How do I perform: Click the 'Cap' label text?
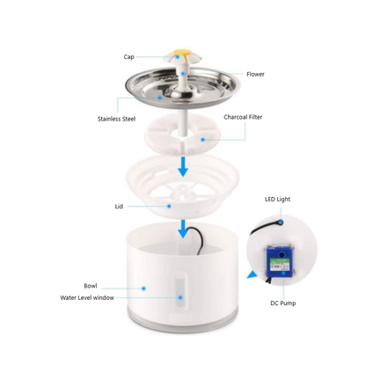[128, 57]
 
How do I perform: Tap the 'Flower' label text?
[255, 74]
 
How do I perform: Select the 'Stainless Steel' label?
[116, 119]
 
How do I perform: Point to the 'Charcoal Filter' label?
[243, 117]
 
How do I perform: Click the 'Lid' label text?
[119, 207]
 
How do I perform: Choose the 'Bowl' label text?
[91, 286]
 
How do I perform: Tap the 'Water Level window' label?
[87, 297]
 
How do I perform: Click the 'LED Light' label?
[277, 200]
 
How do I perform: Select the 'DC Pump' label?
[283, 303]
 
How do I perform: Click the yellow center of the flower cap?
[182, 53]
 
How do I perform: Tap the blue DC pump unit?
[280, 261]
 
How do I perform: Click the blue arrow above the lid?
[183, 166]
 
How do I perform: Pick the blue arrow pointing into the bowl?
[183, 229]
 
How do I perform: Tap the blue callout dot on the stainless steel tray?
[160, 98]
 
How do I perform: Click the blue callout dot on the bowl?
[143, 288]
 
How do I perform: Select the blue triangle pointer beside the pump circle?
[253, 275]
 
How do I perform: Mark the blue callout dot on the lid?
[169, 207]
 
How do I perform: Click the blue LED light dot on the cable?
[281, 223]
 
